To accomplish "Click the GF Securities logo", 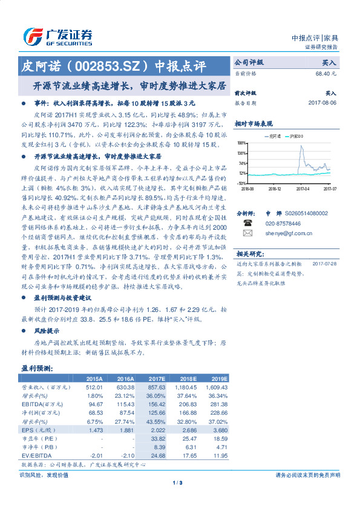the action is tap(57, 36).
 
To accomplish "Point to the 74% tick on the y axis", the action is tap(241, 163).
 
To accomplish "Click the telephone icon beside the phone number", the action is tap(247, 222).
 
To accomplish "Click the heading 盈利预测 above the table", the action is tap(38, 368).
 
